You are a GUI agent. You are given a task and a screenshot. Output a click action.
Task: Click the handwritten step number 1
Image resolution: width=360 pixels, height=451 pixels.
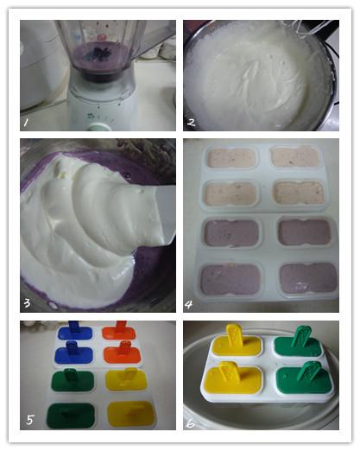(x=26, y=123)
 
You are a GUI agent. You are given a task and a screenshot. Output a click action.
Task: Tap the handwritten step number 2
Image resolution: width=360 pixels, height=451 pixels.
(x=192, y=123)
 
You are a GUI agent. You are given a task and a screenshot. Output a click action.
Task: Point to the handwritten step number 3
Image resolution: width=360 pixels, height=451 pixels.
(x=27, y=302)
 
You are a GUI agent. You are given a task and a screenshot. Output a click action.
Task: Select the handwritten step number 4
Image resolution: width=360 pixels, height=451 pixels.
(x=188, y=304)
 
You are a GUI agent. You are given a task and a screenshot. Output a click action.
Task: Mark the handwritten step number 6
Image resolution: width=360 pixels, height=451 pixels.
(x=191, y=423)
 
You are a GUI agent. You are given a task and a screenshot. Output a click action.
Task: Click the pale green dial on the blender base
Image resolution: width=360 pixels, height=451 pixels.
(x=99, y=127)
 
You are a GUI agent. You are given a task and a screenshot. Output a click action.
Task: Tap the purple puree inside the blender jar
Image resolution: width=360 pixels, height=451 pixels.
(x=101, y=54)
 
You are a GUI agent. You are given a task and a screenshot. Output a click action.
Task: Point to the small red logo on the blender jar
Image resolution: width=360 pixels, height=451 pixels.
(x=101, y=37)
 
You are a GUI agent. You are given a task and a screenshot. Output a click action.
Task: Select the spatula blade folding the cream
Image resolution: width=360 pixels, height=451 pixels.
(x=164, y=214)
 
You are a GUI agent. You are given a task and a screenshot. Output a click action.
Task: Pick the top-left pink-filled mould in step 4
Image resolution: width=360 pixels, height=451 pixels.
(x=231, y=158)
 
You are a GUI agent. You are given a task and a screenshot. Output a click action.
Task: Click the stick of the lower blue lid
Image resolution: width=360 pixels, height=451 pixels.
(x=72, y=347)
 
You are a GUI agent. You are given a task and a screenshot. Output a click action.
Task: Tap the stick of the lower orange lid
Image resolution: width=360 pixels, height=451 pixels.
(x=125, y=347)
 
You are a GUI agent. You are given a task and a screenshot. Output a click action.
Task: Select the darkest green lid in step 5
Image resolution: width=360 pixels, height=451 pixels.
(x=71, y=416)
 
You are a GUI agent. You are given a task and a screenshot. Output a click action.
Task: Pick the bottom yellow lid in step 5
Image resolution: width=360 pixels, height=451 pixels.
(x=131, y=415)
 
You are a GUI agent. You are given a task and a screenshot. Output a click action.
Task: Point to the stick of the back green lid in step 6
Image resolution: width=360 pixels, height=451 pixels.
(x=300, y=335)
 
